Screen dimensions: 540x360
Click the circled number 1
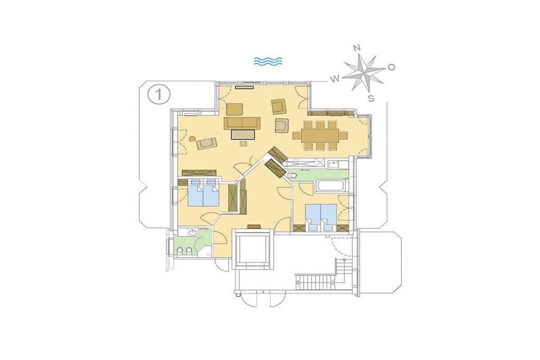click(x=159, y=94)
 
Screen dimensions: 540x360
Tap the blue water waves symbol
click(x=268, y=61)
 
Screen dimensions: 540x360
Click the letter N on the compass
click(x=358, y=48)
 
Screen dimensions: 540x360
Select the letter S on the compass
click(x=371, y=98)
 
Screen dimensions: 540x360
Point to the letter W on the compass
click(x=334, y=79)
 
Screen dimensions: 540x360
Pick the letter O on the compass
click(x=392, y=67)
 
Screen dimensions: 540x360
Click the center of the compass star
click(x=364, y=73)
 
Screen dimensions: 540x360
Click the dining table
click(x=320, y=135)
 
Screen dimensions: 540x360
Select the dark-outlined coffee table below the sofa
click(x=243, y=134)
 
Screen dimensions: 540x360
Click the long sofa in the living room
click(x=242, y=123)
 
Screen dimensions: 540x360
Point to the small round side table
click(x=192, y=139)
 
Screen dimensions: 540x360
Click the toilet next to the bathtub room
click(x=292, y=176)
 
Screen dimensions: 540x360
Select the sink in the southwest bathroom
click(x=192, y=233)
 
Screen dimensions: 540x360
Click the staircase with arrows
click(x=315, y=282)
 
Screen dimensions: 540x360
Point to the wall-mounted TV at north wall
click(x=245, y=87)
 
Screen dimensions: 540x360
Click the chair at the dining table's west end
click(x=296, y=135)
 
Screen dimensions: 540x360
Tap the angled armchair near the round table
click(x=206, y=143)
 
